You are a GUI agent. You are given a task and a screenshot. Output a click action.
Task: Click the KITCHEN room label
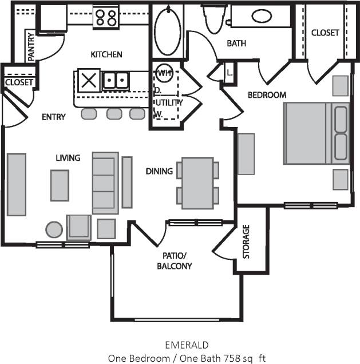[106, 54]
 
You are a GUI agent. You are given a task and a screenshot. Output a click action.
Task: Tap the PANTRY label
[30, 45]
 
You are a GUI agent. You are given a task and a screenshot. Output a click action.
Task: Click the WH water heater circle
[164, 73]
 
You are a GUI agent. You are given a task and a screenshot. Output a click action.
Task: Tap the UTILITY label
[168, 102]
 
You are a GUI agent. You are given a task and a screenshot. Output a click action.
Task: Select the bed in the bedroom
[316, 133]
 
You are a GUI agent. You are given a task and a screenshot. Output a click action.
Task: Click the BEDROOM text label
[266, 94]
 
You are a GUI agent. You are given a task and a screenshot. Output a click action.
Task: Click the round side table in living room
[54, 230]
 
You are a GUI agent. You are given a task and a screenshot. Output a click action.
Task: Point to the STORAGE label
[246, 242]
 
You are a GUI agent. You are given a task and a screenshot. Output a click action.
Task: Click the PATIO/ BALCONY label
[174, 261]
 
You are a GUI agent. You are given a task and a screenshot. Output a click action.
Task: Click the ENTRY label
[54, 117]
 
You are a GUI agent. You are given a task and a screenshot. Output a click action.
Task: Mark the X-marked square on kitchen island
[89, 80]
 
